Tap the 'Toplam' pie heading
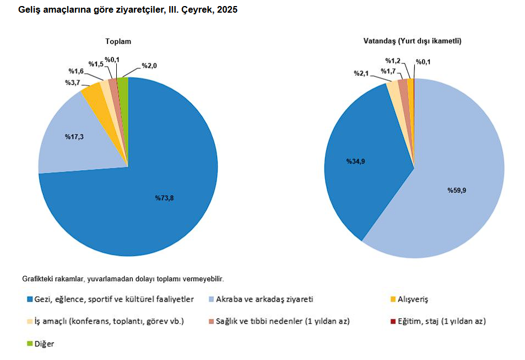[118, 41]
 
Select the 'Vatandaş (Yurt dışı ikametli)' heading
[412, 41]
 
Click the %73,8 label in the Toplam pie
[164, 198]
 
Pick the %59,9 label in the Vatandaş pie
[457, 190]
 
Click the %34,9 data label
[355, 161]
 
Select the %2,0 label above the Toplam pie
[149, 66]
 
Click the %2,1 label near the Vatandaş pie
[362, 73]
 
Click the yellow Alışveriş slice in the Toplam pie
[93, 91]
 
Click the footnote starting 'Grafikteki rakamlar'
[123, 279]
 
